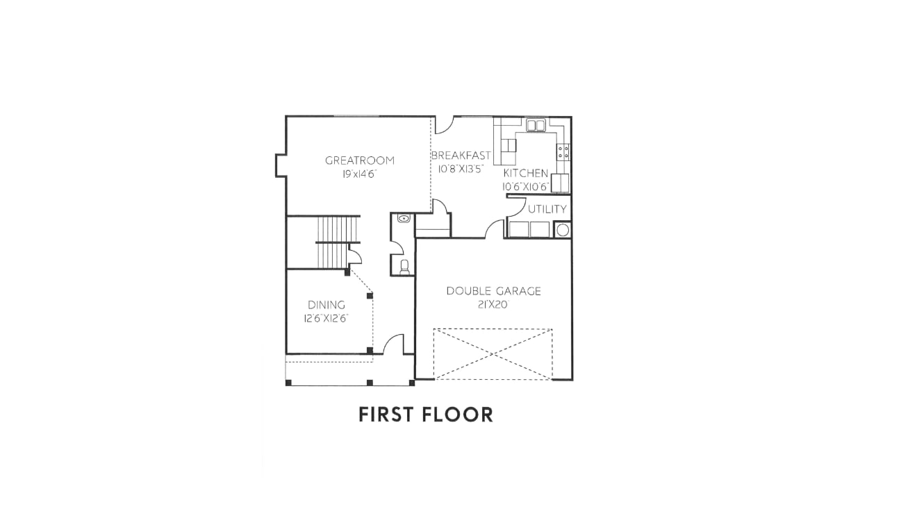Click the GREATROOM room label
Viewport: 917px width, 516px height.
[x=360, y=160]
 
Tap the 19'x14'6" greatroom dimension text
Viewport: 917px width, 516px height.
[x=359, y=174]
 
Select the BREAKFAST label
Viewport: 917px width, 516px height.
[x=461, y=156]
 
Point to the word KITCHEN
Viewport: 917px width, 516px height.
[x=526, y=173]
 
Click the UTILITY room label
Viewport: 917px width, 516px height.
[x=547, y=209]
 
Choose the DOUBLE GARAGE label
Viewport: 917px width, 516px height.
[x=494, y=291]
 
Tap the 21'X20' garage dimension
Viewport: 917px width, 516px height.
[x=493, y=305]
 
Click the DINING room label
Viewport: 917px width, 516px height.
[x=327, y=305]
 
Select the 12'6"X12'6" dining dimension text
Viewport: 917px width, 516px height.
[x=326, y=318]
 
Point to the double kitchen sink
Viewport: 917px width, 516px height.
[x=536, y=125]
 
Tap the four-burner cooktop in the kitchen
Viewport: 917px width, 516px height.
[x=563, y=152]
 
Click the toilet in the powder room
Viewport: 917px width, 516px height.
[x=404, y=267]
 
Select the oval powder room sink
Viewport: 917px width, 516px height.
[x=404, y=219]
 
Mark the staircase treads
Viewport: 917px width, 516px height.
[x=338, y=242]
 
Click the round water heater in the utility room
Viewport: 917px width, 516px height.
[x=563, y=230]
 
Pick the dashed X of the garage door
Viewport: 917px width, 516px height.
[x=493, y=354]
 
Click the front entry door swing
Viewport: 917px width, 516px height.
[x=393, y=344]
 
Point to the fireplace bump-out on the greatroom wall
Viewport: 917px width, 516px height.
[x=281, y=166]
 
